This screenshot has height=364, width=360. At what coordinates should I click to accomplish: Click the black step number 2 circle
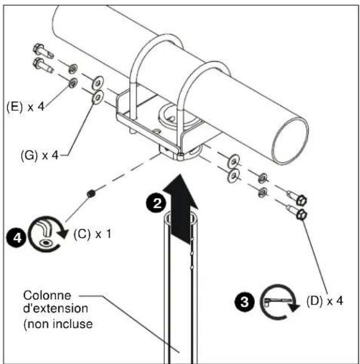coord(156,203)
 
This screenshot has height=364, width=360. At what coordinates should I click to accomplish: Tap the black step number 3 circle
coord(244,302)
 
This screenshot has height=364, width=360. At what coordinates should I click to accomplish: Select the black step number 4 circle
coord(16,238)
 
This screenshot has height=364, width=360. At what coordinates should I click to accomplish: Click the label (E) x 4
coord(25,107)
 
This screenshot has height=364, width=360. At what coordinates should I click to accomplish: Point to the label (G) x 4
coord(39,155)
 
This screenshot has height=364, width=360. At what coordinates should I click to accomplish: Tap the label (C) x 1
coord(92,234)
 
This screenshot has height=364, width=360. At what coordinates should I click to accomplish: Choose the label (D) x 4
coord(325,301)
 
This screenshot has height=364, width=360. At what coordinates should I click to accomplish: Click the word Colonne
coord(47,295)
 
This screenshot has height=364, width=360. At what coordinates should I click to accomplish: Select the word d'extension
coord(56,308)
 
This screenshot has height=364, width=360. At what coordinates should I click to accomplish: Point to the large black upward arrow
coord(181,209)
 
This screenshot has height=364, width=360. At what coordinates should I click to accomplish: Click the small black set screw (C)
coord(91,193)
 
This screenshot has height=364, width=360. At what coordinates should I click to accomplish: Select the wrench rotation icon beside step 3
coord(278,302)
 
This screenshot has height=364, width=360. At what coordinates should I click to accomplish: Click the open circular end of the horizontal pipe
coord(290,141)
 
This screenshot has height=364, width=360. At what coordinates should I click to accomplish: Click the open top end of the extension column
coord(181,219)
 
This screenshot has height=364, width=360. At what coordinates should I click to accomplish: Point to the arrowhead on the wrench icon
coord(293,307)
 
